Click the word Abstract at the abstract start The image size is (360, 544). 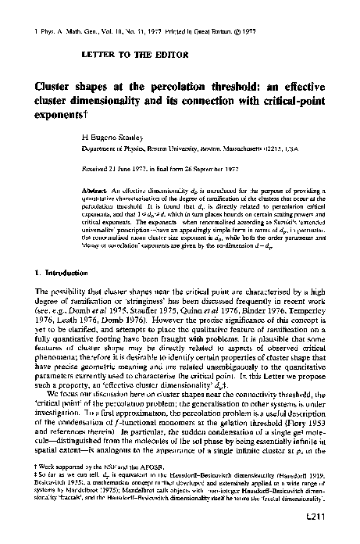(x=116, y=190)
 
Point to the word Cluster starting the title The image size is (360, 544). (x=54, y=87)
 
